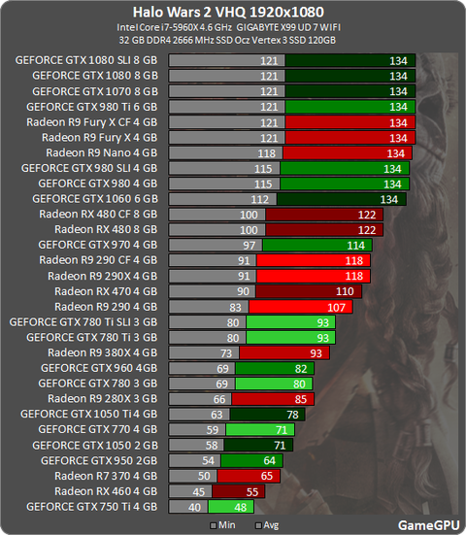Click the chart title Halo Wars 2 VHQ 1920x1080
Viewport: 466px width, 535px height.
tap(228, 13)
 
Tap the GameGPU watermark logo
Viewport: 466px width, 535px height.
tap(428, 525)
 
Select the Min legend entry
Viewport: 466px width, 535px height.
tap(223, 525)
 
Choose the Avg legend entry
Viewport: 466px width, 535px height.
tap(267, 525)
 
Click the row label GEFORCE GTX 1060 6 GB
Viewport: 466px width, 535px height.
tap(95, 199)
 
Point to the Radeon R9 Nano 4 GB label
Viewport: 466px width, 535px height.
tap(102, 152)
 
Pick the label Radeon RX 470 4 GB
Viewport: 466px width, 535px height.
tap(106, 291)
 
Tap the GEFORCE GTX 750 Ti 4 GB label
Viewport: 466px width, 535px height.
tap(92, 507)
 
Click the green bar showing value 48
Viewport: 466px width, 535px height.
tap(231, 507)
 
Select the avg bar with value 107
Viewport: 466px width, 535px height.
tap(301, 307)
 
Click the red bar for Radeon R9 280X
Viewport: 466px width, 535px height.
tap(273, 399)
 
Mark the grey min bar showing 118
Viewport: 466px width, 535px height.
tap(225, 153)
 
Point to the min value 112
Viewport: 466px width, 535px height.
tap(260, 199)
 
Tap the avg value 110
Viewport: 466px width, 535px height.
tap(345, 291)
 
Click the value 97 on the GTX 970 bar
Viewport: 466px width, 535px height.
tap(250, 246)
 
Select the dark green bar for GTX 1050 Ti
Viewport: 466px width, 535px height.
tap(267, 415)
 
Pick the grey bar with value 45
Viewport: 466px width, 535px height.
tap(190, 491)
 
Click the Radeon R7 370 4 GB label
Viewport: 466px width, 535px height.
tap(106, 476)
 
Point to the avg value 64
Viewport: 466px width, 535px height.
tap(270, 460)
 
